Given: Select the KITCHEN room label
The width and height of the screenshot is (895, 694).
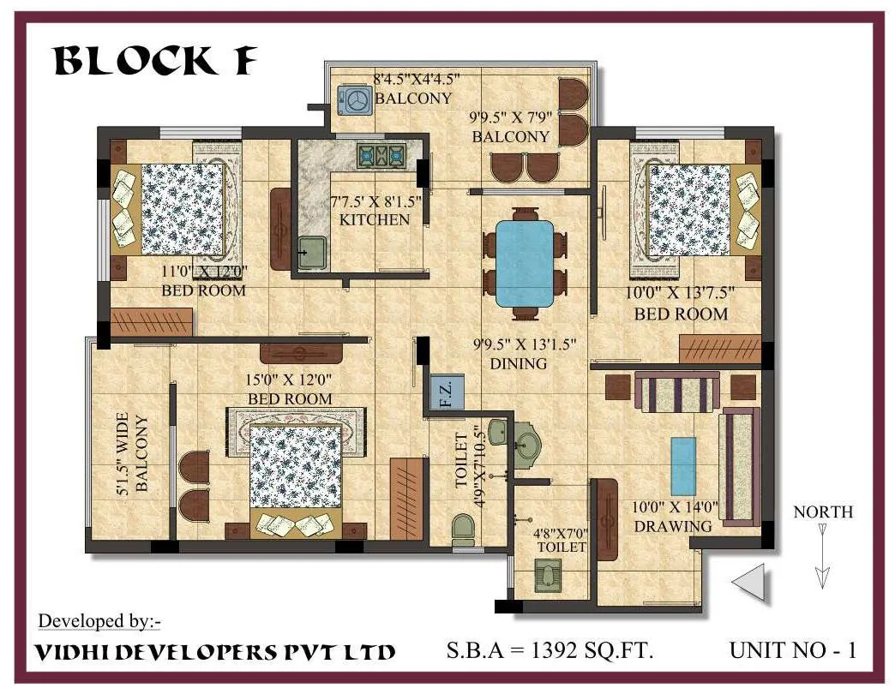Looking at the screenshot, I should (x=375, y=219).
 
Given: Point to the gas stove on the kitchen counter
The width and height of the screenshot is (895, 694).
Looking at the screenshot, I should (x=381, y=155).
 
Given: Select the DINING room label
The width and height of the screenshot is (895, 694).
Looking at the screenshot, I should (x=518, y=363).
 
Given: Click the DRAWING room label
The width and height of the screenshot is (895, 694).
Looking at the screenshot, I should (x=673, y=526).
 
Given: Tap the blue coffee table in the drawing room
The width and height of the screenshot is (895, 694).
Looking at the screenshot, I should (x=683, y=465).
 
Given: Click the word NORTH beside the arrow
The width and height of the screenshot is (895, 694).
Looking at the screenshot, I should (x=823, y=512).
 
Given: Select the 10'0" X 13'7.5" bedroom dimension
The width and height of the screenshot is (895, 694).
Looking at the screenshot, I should (x=680, y=294).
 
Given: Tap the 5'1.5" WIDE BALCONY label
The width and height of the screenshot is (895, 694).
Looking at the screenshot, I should (x=133, y=454).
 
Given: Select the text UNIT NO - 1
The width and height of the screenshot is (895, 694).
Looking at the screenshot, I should (x=792, y=649).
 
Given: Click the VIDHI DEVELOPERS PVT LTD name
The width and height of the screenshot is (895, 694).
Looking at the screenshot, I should (x=214, y=651).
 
